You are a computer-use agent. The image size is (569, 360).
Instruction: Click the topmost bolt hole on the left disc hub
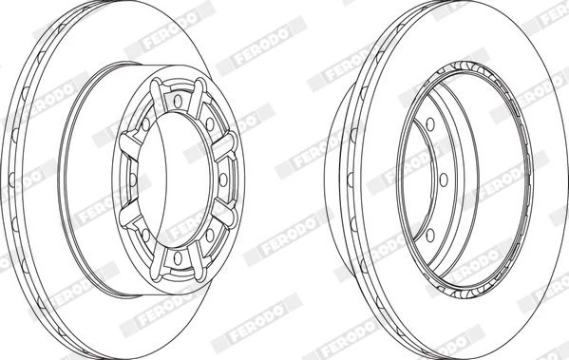pos(178,102)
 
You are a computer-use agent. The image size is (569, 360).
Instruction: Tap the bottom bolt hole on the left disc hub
pos(178,258)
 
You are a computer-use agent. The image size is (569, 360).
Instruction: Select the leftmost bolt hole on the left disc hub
pos(133,180)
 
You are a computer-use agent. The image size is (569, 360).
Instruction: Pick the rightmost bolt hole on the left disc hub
pos(223,180)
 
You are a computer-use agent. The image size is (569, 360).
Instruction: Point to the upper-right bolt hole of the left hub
pos(210,124)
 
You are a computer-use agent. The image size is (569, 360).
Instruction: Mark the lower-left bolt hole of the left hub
pos(146,236)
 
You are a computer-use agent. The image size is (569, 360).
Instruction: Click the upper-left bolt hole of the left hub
pos(146,124)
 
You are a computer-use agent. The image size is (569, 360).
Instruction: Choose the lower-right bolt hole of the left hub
pos(210,236)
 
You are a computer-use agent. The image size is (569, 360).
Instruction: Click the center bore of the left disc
pos(175,180)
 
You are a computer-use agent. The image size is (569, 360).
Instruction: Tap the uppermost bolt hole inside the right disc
pos(430,124)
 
